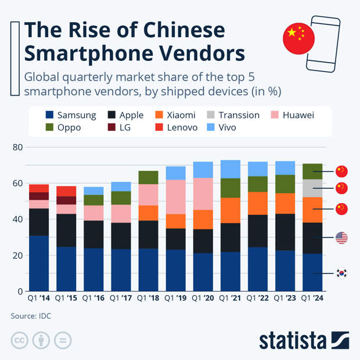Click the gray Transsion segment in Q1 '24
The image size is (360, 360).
(314, 188)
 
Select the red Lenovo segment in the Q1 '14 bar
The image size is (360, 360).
(39, 188)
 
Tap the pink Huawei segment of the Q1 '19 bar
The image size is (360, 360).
(176, 197)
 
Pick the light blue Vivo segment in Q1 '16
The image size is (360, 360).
(93, 190)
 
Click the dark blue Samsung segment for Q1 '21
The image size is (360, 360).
(231, 271)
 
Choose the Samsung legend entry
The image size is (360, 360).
(70, 115)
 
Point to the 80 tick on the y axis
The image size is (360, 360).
(17, 147)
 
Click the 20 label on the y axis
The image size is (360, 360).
(17, 255)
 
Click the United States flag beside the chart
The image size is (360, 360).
(341, 237)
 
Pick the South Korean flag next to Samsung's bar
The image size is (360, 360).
(341, 273)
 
